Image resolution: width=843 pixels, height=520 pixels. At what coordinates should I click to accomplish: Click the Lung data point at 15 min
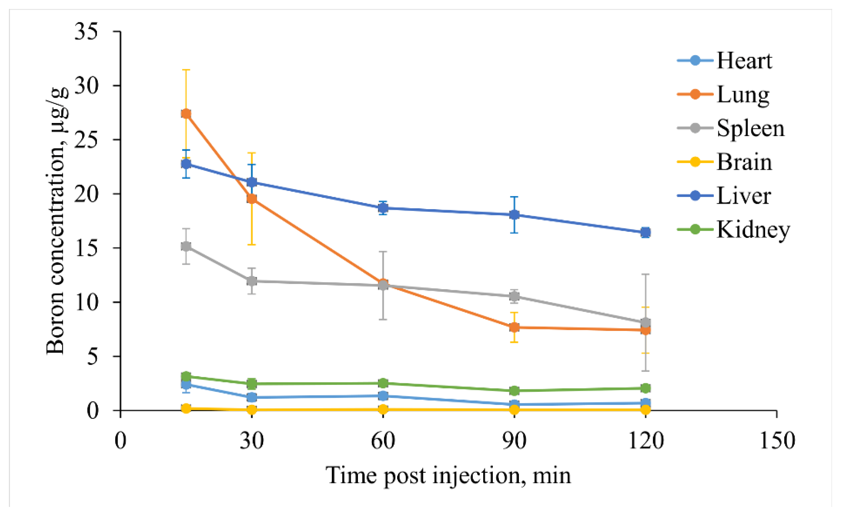tap(186, 114)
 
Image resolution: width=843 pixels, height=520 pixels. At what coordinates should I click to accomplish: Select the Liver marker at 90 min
tap(514, 215)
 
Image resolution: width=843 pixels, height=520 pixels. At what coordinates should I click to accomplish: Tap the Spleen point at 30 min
tap(252, 281)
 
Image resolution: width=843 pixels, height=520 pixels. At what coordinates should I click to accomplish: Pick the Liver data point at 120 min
tap(646, 232)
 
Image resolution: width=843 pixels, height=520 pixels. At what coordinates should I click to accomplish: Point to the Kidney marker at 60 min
tap(383, 383)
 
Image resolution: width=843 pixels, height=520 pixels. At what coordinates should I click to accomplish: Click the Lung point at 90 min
tap(514, 327)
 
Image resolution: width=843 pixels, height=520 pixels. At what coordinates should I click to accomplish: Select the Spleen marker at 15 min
tap(186, 246)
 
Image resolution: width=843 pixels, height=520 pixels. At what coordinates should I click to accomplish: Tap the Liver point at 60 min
tap(383, 208)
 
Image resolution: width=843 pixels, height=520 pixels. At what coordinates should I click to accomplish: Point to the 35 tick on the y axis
tap(86, 32)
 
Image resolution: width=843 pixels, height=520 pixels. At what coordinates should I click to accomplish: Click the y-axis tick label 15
tap(86, 248)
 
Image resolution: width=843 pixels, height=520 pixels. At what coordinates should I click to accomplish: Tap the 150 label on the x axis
tap(777, 441)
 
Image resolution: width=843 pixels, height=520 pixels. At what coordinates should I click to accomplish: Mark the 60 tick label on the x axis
tap(383, 441)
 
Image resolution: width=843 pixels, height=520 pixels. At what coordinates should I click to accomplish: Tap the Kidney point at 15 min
tap(186, 376)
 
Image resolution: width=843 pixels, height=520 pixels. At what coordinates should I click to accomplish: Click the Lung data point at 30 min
tap(252, 199)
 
